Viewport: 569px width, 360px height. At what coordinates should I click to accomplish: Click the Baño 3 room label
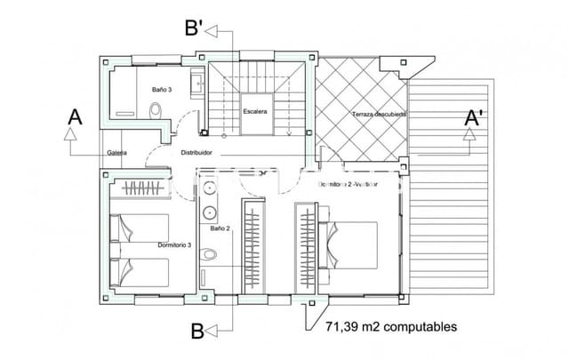161,90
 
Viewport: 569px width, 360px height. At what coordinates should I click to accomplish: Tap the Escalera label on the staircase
256,112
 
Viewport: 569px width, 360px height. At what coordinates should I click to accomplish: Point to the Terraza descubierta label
379,116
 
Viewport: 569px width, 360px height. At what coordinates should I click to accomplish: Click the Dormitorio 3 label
174,244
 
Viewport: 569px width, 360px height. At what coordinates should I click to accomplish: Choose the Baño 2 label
220,228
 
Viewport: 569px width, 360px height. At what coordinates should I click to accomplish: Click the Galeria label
116,153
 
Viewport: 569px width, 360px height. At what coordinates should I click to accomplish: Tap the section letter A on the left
75,117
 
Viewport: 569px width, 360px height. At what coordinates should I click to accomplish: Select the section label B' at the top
196,28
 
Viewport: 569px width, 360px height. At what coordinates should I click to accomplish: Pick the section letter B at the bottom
197,332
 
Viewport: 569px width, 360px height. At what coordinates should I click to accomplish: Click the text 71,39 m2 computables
391,327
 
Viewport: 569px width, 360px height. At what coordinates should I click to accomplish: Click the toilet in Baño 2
209,255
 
